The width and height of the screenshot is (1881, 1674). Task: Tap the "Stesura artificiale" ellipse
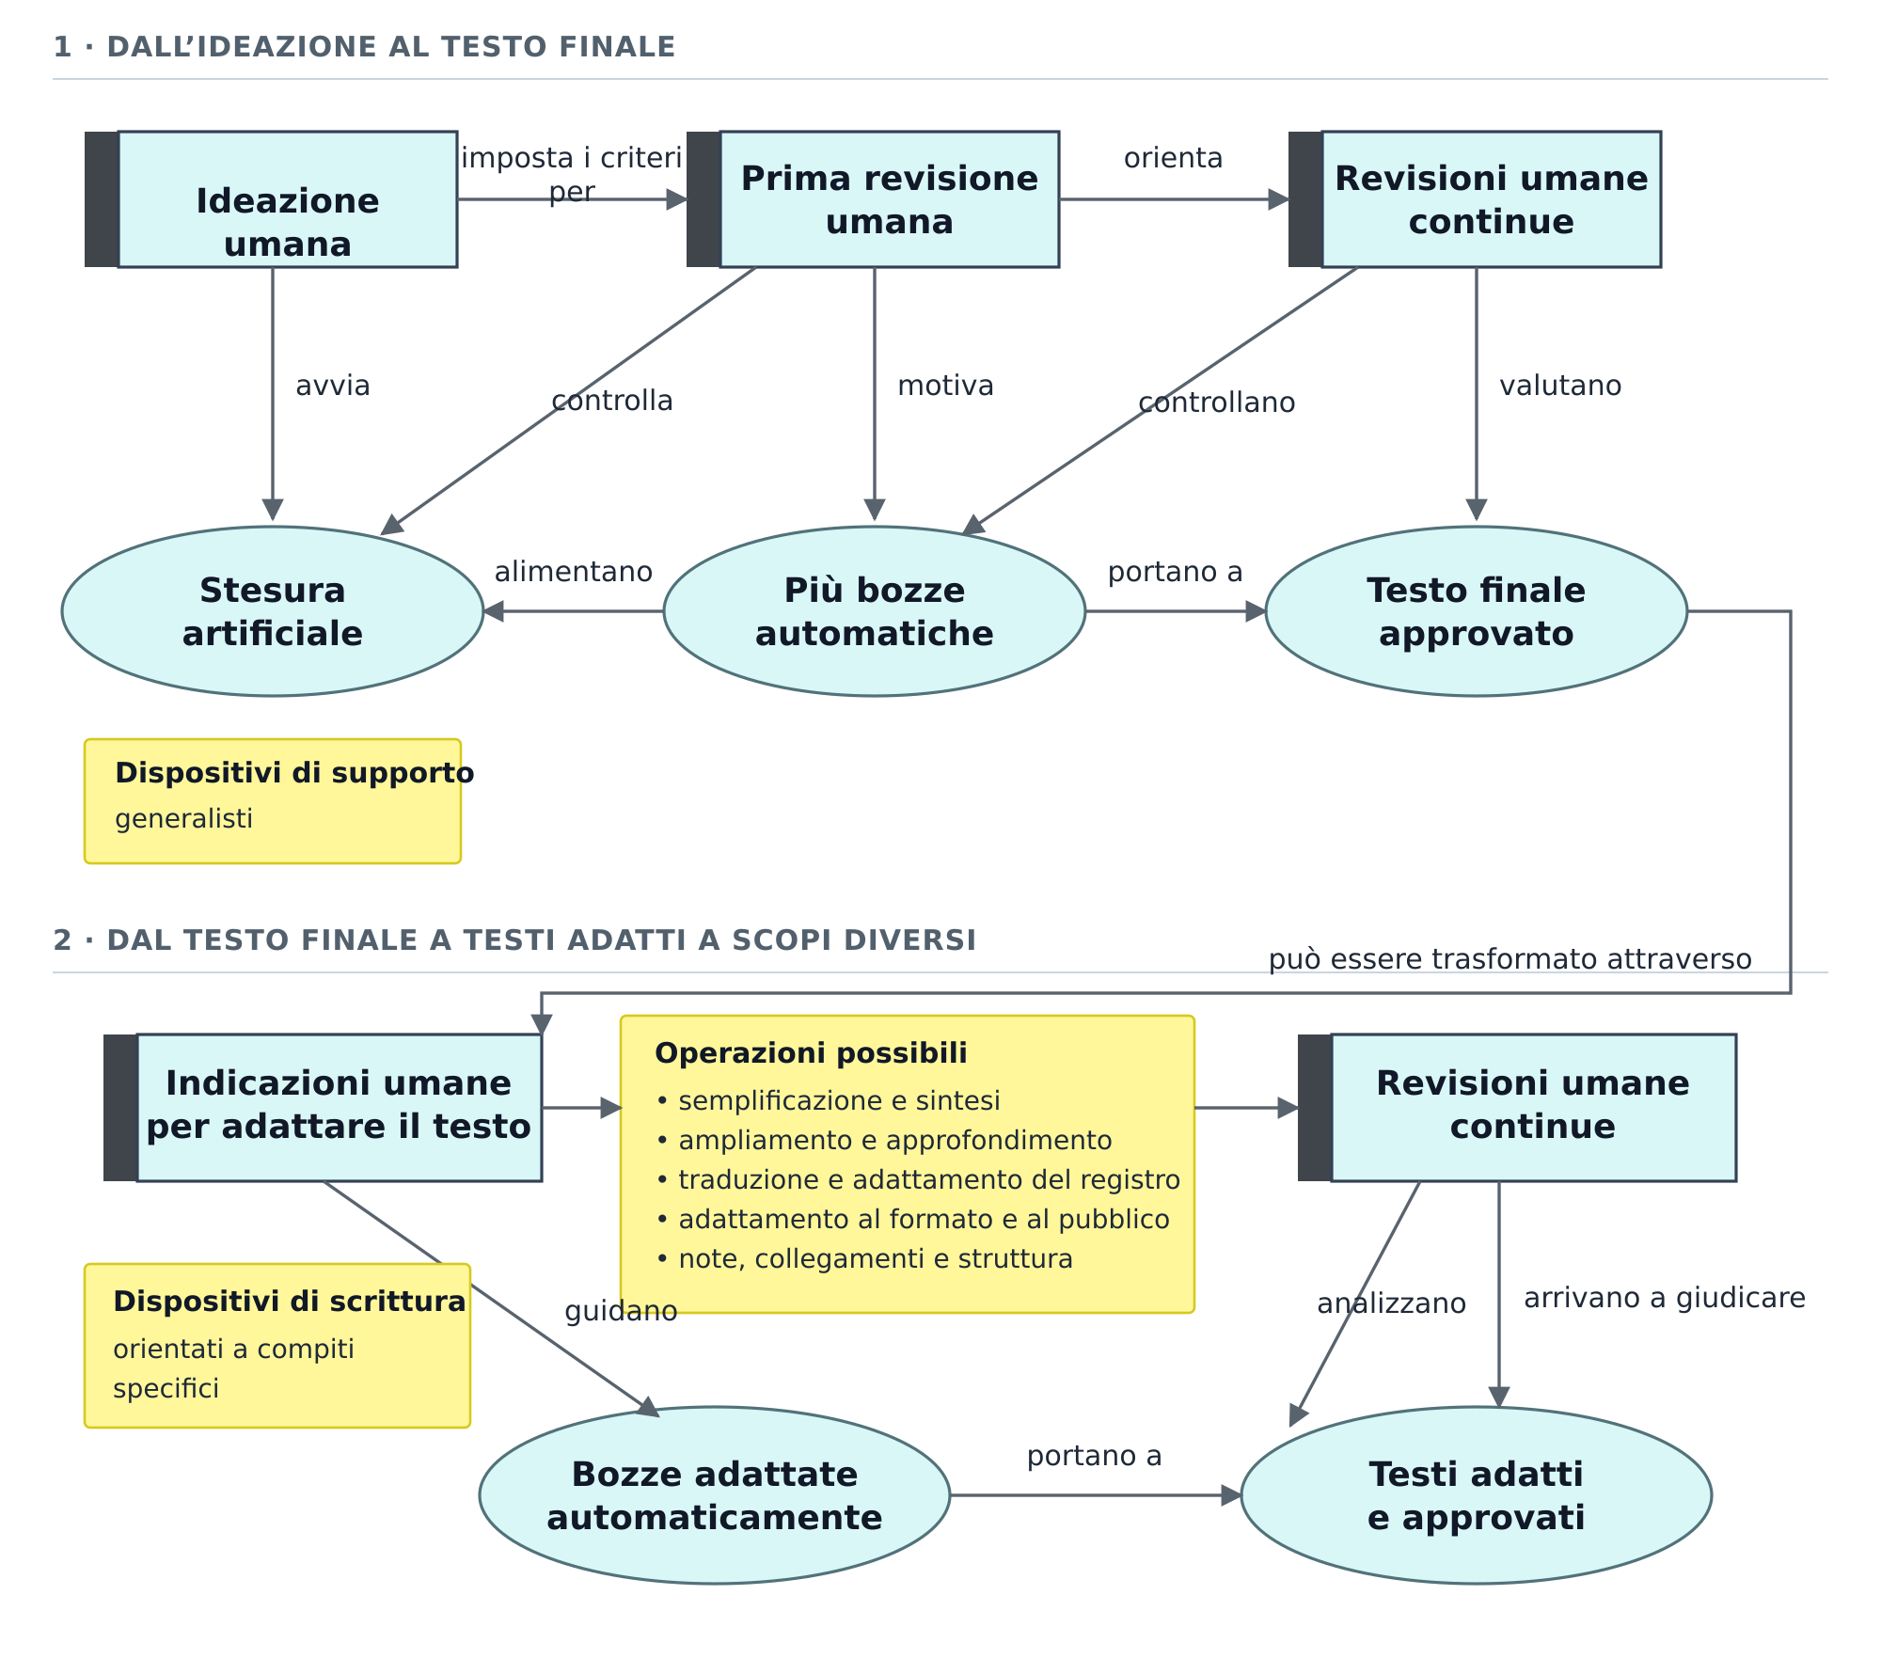point(273,611)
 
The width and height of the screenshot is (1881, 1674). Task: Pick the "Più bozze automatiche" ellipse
point(875,611)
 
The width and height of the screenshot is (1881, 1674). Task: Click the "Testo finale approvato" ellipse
point(1477,611)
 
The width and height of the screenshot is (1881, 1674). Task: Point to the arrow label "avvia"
point(333,386)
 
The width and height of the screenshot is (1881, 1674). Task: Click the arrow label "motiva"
point(945,386)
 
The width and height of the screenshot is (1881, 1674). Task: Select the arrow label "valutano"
point(1560,386)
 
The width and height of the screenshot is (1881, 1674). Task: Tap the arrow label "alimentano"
point(574,572)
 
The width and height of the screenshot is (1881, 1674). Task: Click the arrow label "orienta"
point(1174,158)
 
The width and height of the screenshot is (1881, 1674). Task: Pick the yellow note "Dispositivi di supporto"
point(273,801)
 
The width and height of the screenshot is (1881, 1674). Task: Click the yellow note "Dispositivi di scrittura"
point(277,1346)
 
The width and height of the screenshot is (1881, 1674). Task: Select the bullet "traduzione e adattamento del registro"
point(918,1179)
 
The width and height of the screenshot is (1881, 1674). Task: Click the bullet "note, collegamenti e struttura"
point(864,1258)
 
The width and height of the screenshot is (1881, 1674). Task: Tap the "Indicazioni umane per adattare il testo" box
point(324,1108)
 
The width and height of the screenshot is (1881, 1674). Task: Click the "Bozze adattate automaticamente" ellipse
point(715,1495)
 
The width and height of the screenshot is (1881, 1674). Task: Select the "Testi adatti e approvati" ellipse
point(1477,1495)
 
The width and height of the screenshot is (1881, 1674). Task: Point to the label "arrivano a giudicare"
point(1665,1298)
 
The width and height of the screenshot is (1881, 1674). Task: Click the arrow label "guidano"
point(621,1311)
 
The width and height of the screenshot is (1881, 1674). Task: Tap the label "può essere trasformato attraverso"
point(1510,959)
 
